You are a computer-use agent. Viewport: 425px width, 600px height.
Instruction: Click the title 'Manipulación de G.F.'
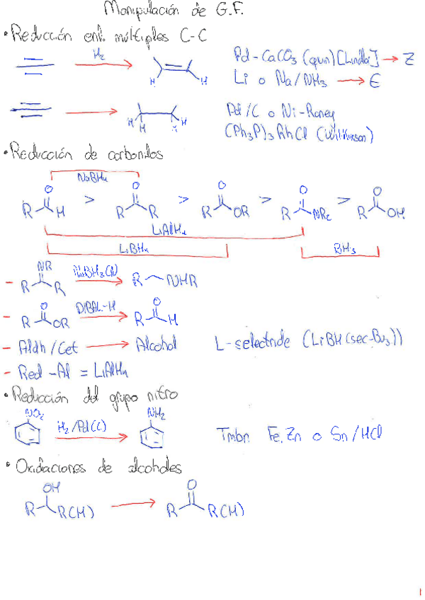point(174,10)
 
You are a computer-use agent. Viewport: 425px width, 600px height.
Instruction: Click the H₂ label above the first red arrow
point(100,53)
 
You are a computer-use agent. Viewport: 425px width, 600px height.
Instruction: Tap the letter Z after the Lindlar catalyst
point(409,59)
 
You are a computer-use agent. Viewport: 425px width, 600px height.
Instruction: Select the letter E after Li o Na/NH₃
point(374,82)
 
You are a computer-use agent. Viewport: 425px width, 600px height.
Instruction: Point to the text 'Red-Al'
point(40,371)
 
